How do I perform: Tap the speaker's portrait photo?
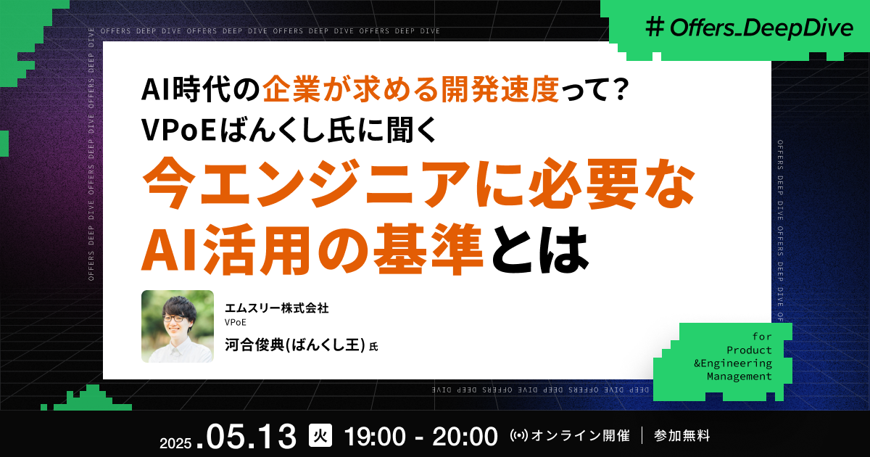click(178, 326)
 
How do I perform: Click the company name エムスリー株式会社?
click(276, 308)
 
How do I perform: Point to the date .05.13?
click(252, 436)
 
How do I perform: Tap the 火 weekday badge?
click(319, 436)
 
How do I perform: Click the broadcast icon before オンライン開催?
click(520, 436)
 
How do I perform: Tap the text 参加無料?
click(681, 436)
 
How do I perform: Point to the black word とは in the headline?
click(537, 249)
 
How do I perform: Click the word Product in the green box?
click(755, 350)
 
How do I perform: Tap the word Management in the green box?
click(739, 376)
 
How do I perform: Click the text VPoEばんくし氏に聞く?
click(289, 129)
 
